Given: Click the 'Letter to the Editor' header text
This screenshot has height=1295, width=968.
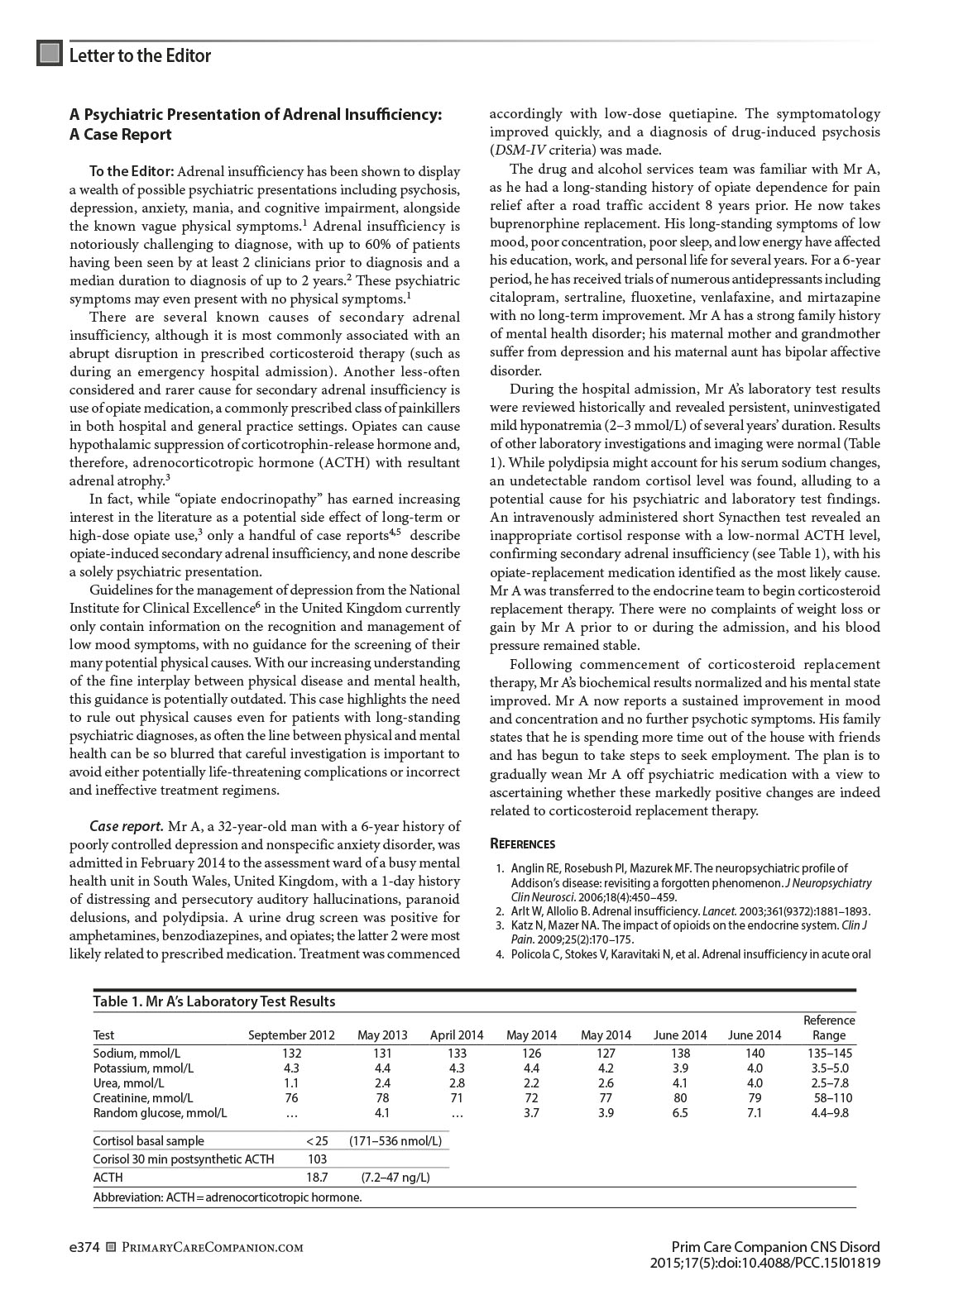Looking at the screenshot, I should point(140,55).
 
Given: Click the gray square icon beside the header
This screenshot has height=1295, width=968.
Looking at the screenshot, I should point(50,54).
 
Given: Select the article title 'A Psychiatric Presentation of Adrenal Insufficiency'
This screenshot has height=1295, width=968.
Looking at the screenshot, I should point(255,114).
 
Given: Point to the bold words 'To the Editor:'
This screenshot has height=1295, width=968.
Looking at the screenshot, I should point(132,171).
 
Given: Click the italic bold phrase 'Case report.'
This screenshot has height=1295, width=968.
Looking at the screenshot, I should point(126,826).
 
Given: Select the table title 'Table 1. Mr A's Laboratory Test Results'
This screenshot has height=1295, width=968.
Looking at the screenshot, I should point(213,1001).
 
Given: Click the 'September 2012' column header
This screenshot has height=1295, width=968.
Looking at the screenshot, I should point(291,1035).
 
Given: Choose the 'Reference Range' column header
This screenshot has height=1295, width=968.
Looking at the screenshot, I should point(829,1028).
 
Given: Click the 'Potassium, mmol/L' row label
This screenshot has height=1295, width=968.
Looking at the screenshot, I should point(143,1068).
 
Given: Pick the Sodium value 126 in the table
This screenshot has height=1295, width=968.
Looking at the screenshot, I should point(531,1053).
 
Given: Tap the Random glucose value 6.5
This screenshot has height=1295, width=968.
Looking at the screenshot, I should point(680,1112).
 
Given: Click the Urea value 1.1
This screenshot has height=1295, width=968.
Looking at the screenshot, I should point(291,1082).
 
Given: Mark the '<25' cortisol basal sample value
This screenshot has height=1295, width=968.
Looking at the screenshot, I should point(317,1141).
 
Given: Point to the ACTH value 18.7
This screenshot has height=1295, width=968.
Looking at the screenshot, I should point(317,1178).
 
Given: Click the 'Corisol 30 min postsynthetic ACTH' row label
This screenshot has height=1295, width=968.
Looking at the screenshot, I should point(183,1159).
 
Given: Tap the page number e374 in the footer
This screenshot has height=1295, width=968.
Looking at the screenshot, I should point(84,1247).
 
